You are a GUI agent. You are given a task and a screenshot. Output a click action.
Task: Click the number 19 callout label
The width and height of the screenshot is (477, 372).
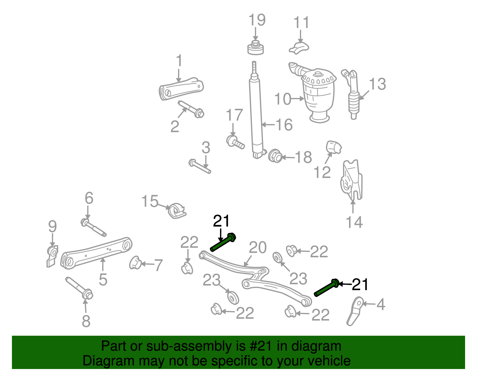257,20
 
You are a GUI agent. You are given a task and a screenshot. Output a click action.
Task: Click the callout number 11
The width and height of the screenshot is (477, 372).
301,23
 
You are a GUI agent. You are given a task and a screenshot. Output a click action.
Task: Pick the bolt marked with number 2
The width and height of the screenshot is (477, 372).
191,109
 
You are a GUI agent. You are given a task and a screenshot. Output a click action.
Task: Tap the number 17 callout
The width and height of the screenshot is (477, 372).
234,115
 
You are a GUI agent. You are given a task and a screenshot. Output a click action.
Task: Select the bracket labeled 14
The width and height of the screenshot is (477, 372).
351,180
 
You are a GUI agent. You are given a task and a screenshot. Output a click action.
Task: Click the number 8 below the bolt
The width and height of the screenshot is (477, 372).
86,321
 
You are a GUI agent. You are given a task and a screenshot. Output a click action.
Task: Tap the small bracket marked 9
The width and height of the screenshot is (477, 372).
52,256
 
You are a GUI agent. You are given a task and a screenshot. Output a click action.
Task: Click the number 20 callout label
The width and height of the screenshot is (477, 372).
258,248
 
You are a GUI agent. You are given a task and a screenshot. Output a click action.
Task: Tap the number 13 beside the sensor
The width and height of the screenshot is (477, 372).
377,84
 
